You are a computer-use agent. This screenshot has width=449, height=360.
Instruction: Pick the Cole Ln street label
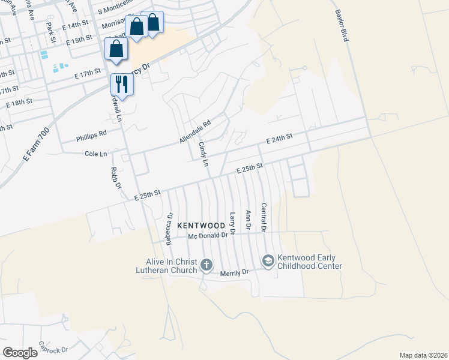click(x=95, y=154)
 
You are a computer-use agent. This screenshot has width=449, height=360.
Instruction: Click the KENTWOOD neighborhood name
click(x=201, y=225)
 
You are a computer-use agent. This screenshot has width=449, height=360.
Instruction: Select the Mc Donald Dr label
click(x=208, y=236)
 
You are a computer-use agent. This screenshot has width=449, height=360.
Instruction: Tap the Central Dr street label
click(x=263, y=217)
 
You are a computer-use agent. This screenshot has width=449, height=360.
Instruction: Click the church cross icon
click(x=206, y=265)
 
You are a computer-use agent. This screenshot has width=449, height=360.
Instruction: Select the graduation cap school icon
click(x=268, y=260)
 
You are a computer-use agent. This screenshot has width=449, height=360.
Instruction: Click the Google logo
click(x=20, y=353)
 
